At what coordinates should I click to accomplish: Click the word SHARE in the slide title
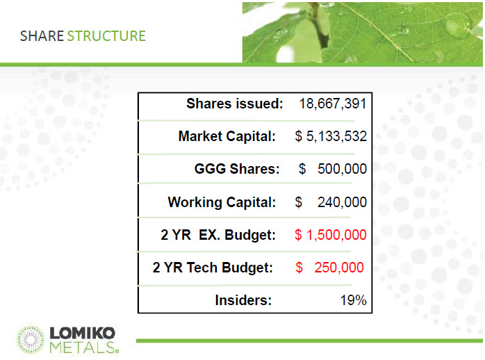pos(42,36)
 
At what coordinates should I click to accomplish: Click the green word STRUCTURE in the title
pos(106,36)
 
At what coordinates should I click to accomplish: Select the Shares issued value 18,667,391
pos(333,104)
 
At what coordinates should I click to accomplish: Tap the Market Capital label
pos(227,136)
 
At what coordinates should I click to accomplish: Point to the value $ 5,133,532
pos(331,136)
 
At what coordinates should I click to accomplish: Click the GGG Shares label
pos(237,169)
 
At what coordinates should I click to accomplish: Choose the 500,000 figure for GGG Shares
pos(342,169)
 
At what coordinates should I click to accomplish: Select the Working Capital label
pos(222,202)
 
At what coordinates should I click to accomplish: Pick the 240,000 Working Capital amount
pos(342,202)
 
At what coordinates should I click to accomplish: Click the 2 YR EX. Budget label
pos(218,235)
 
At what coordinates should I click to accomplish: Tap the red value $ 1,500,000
pos(331,235)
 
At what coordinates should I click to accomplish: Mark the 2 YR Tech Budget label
pos(213,268)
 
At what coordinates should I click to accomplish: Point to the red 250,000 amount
pos(339,268)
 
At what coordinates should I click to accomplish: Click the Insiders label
pos(243,300)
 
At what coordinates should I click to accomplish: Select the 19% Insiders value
pos(353,300)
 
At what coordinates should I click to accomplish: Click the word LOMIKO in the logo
pos(82,333)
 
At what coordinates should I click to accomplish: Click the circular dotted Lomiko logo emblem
pos(31,340)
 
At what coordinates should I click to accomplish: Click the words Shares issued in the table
pos(235,104)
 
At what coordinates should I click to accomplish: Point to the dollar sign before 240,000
pos(299,202)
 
